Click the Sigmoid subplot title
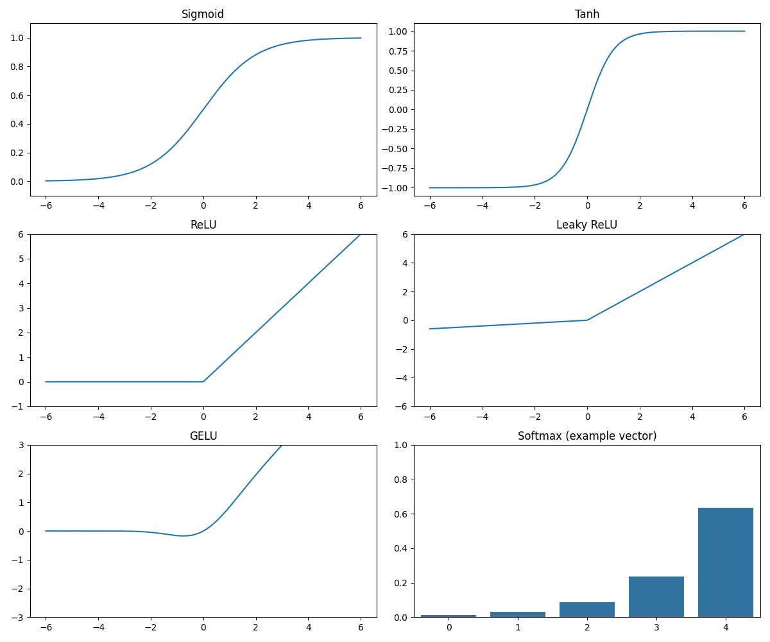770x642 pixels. (x=203, y=14)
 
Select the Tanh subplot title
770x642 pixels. (x=586, y=14)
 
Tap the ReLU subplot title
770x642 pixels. (x=203, y=225)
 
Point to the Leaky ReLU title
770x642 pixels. (x=586, y=225)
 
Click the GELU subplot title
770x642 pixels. (x=203, y=436)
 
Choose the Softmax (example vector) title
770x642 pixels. (x=586, y=436)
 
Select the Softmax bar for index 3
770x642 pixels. (x=656, y=596)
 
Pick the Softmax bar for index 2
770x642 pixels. (x=586, y=609)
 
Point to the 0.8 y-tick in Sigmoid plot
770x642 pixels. (x=17, y=67)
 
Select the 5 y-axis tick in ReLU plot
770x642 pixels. (x=21, y=259)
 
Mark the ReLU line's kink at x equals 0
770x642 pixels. (x=203, y=381)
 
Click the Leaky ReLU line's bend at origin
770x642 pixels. (x=586, y=320)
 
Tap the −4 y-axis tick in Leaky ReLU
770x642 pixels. (x=402, y=378)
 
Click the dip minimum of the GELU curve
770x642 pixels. (x=184, y=535)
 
